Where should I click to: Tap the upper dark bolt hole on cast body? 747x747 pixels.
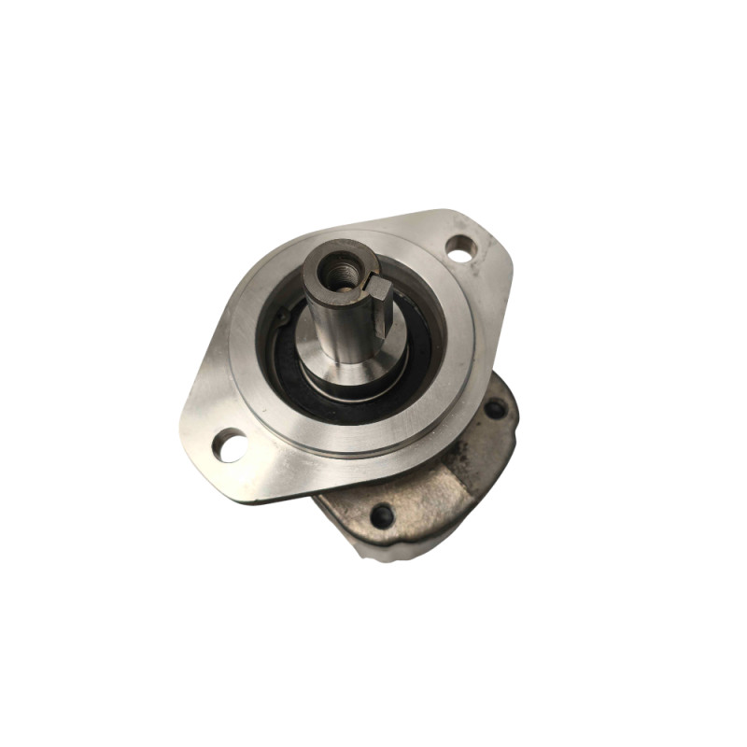click(x=492, y=409)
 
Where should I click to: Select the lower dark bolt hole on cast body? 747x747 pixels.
click(x=381, y=514)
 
